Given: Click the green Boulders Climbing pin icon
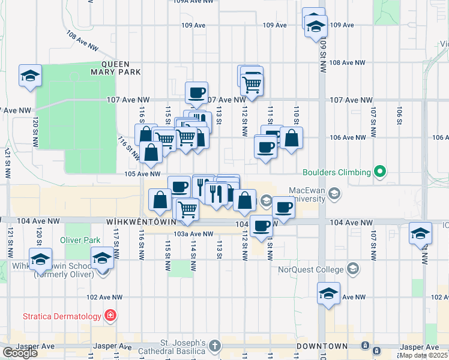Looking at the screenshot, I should point(379,172).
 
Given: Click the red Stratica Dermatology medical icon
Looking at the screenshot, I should point(110,315).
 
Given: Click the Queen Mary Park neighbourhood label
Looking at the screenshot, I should point(121,68).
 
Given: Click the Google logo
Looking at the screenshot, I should point(20,353).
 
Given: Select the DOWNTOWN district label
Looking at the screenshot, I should point(322,347).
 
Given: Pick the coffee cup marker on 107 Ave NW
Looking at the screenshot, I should point(196,92).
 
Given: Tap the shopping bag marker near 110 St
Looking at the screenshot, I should point(291,138).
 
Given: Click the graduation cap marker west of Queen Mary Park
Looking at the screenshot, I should point(30,76).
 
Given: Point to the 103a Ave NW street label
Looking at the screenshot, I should point(193,234).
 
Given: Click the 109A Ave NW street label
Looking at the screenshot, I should point(193,2).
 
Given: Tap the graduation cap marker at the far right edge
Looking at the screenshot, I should point(420,233).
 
